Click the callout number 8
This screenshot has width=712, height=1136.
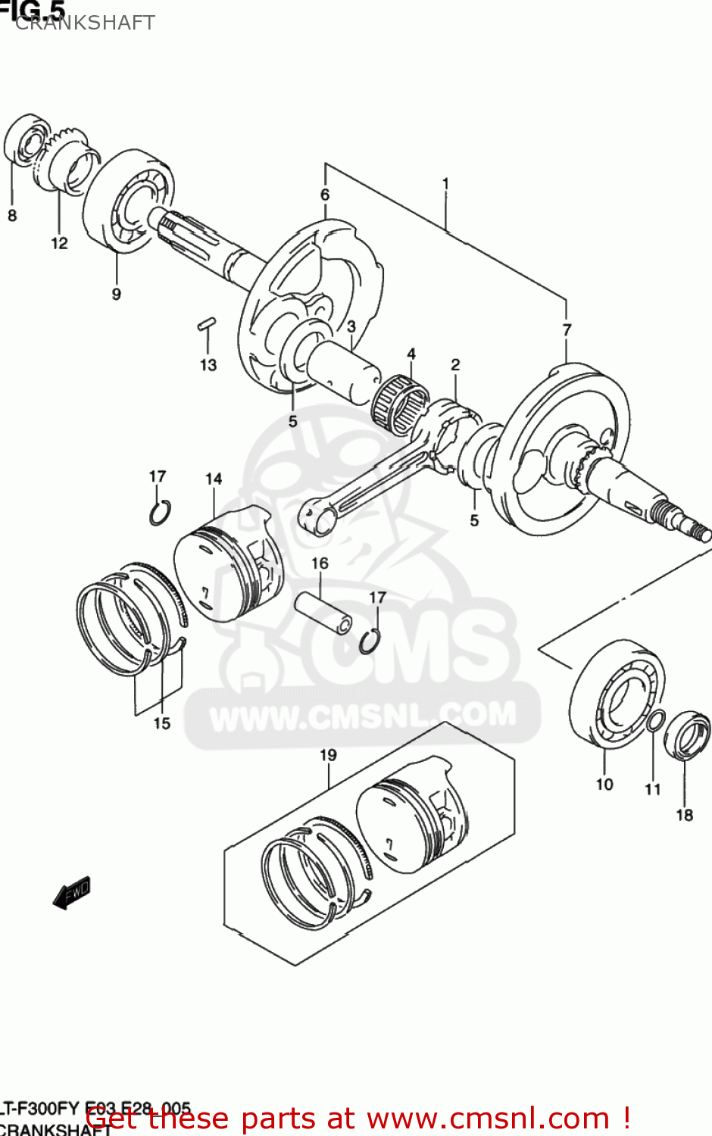point(12,216)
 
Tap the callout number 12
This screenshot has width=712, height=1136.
point(59,243)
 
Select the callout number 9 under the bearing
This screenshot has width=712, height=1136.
point(116,294)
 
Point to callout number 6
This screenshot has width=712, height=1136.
point(325,195)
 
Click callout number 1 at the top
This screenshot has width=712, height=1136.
point(445,183)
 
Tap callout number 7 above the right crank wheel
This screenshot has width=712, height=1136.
point(567,329)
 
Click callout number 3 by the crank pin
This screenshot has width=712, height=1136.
point(351,326)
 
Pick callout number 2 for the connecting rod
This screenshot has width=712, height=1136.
point(455,364)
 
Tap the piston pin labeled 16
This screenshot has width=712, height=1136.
point(324,611)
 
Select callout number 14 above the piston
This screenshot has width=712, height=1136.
point(214,479)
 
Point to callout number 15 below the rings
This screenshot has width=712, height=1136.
point(161,723)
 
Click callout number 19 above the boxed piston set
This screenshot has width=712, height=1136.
point(328,755)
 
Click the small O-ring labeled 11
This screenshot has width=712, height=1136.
point(656,722)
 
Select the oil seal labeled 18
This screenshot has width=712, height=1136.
point(688,735)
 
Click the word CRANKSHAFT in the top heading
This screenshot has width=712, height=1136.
point(85,23)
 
